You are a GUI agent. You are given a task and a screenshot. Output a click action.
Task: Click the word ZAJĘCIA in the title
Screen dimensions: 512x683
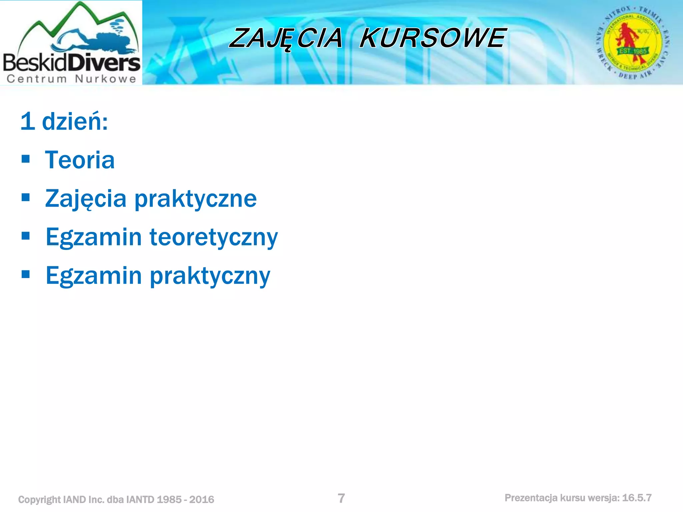(286, 38)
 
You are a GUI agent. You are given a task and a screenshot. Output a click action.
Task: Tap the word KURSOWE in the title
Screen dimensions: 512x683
(433, 38)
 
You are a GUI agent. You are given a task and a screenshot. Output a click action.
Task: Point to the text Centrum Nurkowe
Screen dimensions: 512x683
(71, 79)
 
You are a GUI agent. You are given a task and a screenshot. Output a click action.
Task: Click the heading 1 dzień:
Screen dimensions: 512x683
(64, 121)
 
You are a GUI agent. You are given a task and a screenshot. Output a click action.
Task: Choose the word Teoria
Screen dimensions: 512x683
(80, 160)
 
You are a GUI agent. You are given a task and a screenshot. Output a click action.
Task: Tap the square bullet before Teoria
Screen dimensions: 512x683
(26, 159)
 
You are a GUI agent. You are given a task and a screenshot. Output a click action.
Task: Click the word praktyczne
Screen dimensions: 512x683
(195, 199)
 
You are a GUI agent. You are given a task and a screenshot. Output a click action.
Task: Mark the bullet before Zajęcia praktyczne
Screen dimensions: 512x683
(26, 197)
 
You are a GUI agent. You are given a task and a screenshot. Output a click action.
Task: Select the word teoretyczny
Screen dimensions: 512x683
(213, 237)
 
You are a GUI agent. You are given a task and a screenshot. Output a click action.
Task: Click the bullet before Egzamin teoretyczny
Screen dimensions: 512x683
(26, 236)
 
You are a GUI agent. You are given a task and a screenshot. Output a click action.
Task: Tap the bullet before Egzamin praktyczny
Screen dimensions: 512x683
(26, 274)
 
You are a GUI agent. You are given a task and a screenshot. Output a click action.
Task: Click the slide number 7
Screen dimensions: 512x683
(341, 498)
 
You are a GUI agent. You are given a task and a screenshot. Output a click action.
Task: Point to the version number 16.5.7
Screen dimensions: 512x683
(637, 498)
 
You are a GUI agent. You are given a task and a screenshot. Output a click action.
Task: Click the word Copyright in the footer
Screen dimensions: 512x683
(39, 499)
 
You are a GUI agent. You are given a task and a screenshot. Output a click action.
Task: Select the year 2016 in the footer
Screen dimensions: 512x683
(202, 499)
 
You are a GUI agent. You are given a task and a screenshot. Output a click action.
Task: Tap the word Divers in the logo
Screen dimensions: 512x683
(106, 63)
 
